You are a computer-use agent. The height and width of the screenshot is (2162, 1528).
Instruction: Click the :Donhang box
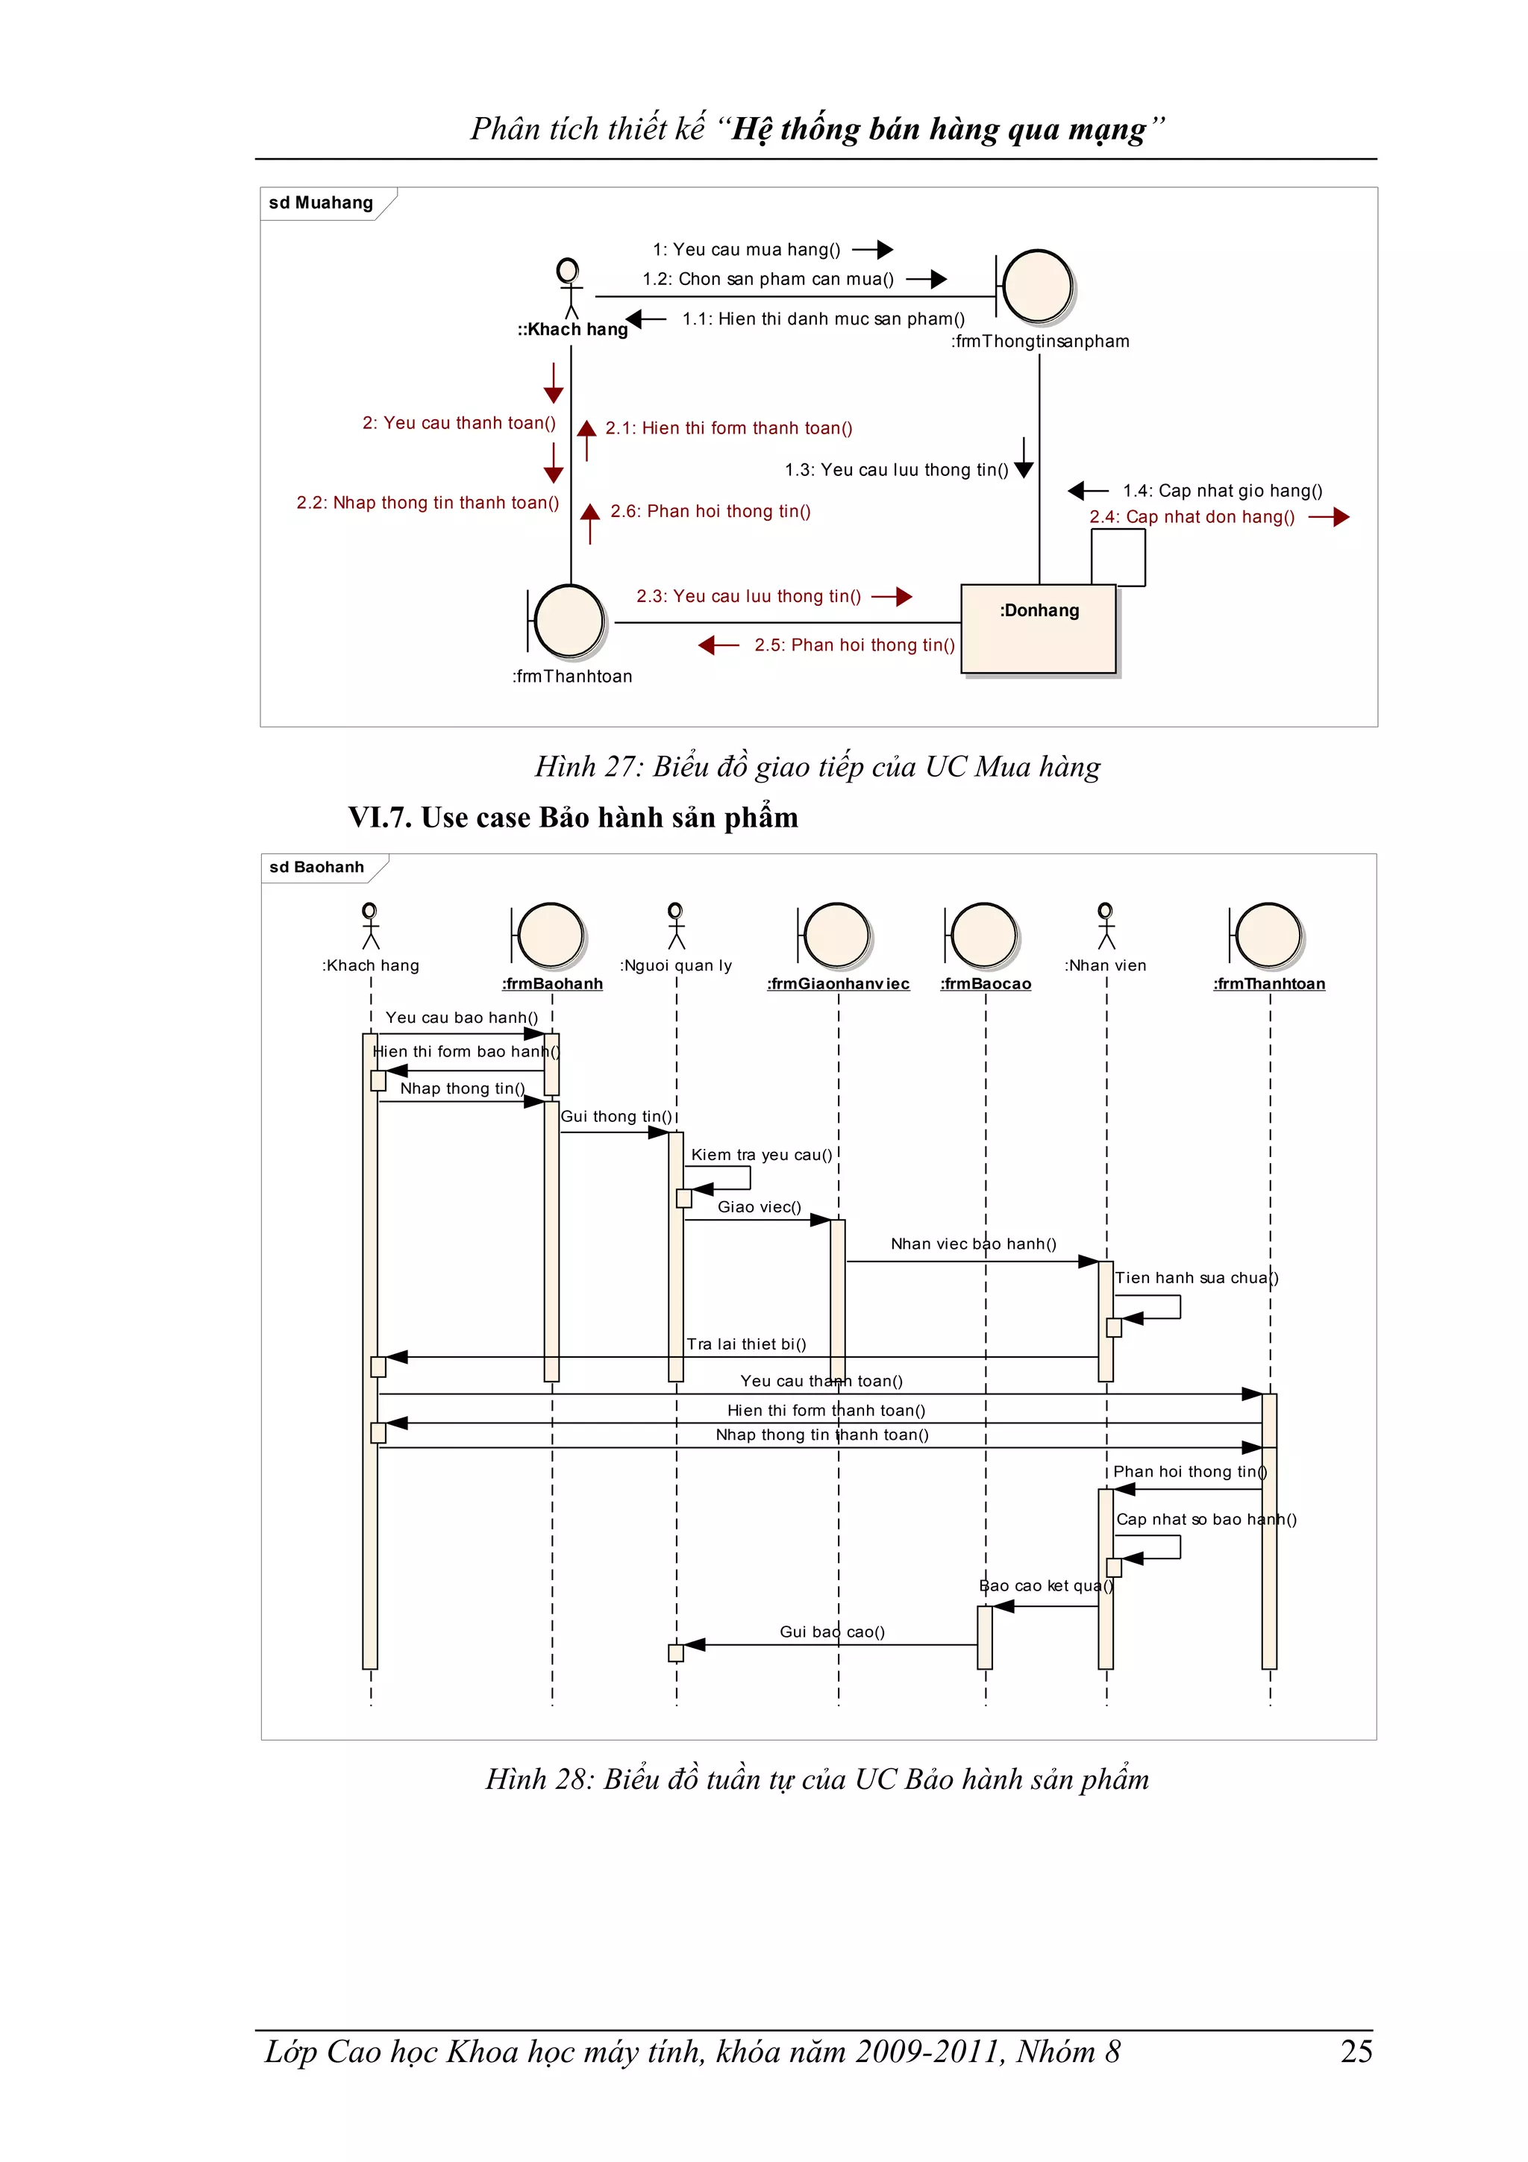click(x=1038, y=628)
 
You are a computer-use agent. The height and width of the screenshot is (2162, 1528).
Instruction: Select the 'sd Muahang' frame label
click(x=321, y=202)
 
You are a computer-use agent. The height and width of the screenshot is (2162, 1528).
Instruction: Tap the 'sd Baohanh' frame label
click(x=316, y=867)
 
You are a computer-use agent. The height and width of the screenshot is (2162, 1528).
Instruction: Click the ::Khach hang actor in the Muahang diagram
click(x=568, y=287)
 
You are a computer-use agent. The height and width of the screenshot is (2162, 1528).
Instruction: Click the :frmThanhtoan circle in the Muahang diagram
click(x=569, y=621)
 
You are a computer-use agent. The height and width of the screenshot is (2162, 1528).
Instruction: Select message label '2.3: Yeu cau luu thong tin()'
click(x=748, y=596)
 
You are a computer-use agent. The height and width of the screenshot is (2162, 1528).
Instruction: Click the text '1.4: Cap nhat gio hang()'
click(x=1222, y=491)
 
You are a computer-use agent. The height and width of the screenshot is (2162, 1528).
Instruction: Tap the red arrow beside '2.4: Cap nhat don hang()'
click(x=1328, y=517)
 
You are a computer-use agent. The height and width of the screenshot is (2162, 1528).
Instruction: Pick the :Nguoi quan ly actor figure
click(x=676, y=926)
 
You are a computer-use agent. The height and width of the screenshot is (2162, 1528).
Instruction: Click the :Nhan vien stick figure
click(x=1106, y=926)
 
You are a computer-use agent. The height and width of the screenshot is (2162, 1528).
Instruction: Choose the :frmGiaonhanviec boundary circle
click(x=836, y=935)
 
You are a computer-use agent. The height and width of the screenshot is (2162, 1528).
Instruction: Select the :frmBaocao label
click(x=986, y=984)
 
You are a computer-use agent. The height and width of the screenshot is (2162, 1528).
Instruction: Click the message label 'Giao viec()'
click(x=759, y=1207)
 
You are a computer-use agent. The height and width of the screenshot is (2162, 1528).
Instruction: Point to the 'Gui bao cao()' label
click(x=832, y=1632)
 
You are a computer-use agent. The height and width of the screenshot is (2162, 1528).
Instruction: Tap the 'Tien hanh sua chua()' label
click(x=1196, y=1278)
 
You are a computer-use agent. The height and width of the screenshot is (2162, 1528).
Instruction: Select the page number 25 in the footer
click(x=1356, y=2051)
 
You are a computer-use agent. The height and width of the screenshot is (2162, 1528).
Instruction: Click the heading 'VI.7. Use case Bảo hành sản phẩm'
click(x=572, y=818)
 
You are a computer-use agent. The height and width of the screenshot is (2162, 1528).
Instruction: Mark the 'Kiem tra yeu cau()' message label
click(x=762, y=1154)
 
